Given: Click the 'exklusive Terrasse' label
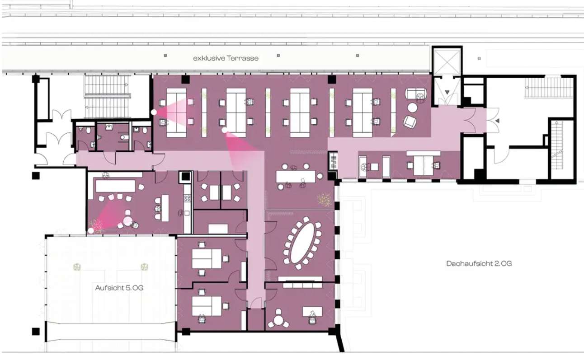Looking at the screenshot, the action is click(226, 58).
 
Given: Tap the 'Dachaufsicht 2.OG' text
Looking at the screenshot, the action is click(479, 263).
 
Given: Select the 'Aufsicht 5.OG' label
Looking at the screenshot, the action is click(119, 288).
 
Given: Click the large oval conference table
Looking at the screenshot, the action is click(302, 243).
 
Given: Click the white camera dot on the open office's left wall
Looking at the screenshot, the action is click(154, 112).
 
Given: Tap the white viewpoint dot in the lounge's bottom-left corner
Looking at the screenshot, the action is click(91, 230).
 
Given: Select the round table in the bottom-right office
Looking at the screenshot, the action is click(278, 320).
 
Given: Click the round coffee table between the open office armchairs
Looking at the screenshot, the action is click(412, 108).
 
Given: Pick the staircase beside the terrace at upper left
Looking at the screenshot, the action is click(107, 96).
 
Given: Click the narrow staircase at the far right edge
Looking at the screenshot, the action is click(557, 146).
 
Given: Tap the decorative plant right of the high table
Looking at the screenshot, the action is click(325, 200).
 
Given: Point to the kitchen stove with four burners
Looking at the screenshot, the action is click(187, 198).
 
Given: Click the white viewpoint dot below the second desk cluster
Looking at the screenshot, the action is click(225, 130).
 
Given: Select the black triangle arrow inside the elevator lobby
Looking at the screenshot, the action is click(447, 92).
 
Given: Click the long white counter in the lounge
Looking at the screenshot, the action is click(116, 186).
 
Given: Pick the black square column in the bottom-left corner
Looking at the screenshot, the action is click(36, 332).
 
